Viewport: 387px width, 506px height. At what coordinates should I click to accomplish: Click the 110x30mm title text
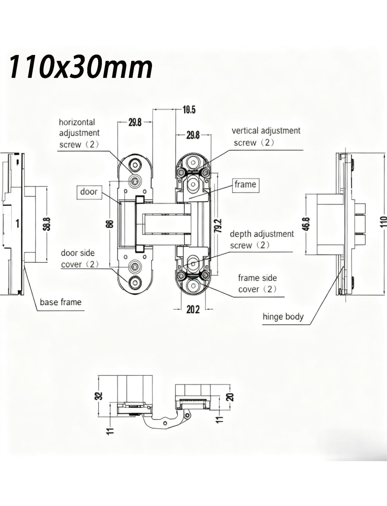(x=81, y=67)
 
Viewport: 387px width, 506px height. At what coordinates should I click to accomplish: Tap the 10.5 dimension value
(x=189, y=110)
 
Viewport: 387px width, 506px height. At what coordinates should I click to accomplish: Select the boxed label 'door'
(x=89, y=192)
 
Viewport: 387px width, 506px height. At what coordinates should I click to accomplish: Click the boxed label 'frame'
(x=245, y=184)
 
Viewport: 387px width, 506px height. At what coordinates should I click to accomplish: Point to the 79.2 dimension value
(x=219, y=226)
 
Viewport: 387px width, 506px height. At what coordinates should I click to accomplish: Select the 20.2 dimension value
(x=193, y=309)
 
